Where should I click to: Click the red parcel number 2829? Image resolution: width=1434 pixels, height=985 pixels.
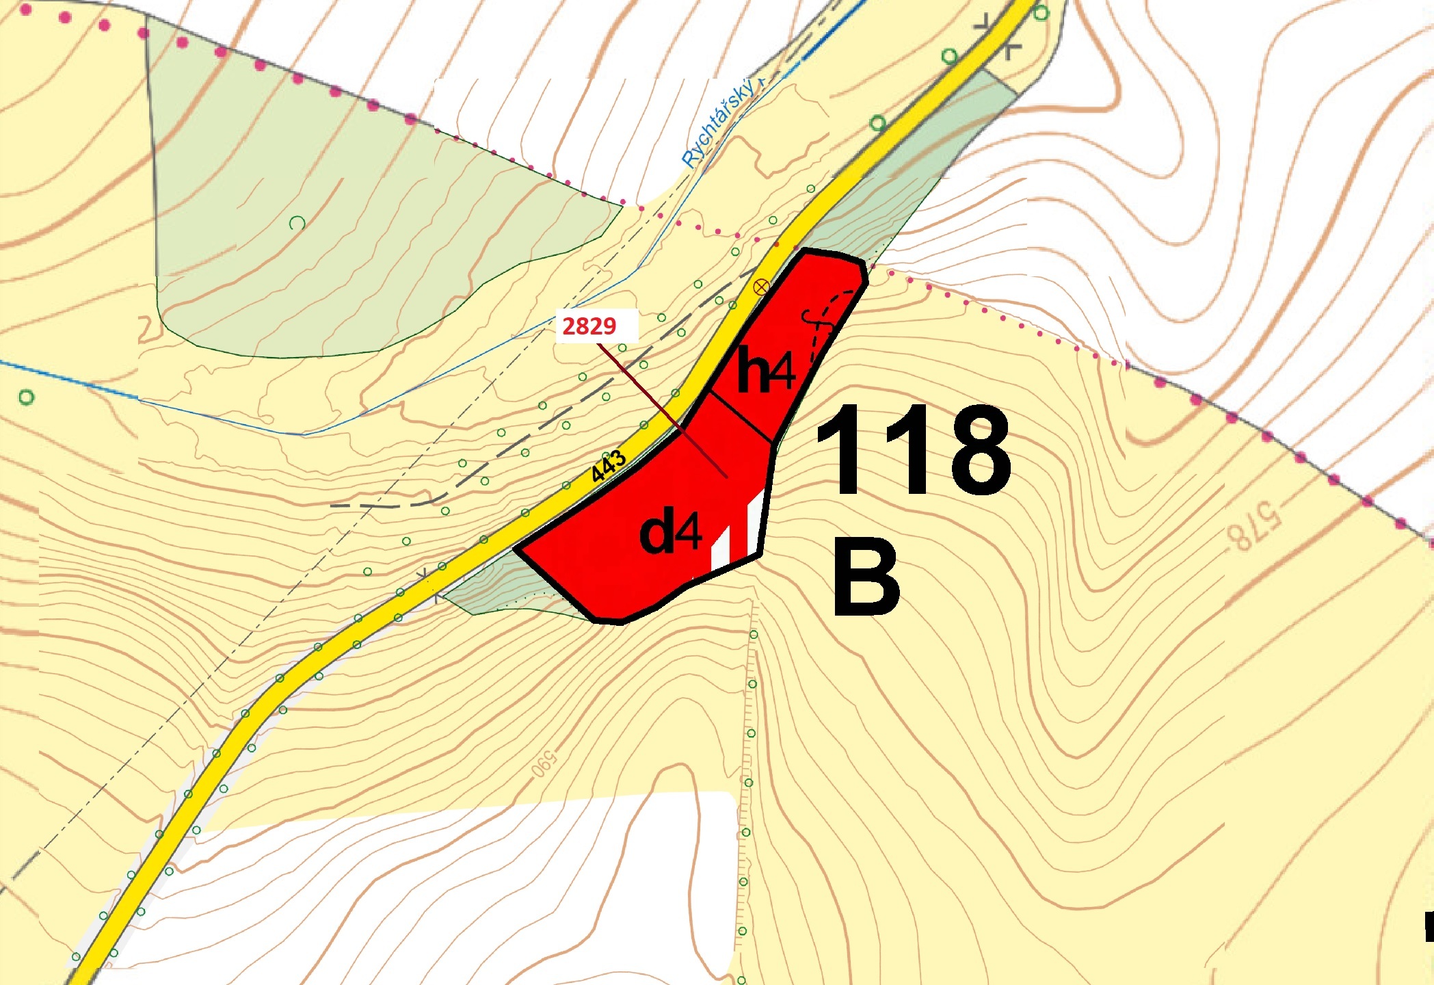click(589, 326)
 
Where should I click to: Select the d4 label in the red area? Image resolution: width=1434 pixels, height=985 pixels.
click(671, 533)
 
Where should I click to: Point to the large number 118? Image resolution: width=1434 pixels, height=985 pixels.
click(912, 449)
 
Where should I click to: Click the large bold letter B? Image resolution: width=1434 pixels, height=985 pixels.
click(866, 576)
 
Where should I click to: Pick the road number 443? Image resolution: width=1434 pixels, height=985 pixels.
click(608, 467)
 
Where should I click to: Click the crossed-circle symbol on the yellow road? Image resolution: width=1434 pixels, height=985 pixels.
click(760, 287)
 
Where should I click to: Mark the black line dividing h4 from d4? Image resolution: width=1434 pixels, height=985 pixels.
click(741, 416)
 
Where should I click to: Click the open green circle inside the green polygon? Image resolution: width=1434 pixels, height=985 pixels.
click(297, 223)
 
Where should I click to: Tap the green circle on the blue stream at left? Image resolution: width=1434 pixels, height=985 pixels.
click(27, 397)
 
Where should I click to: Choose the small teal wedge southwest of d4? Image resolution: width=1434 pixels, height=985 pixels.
click(506, 588)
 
